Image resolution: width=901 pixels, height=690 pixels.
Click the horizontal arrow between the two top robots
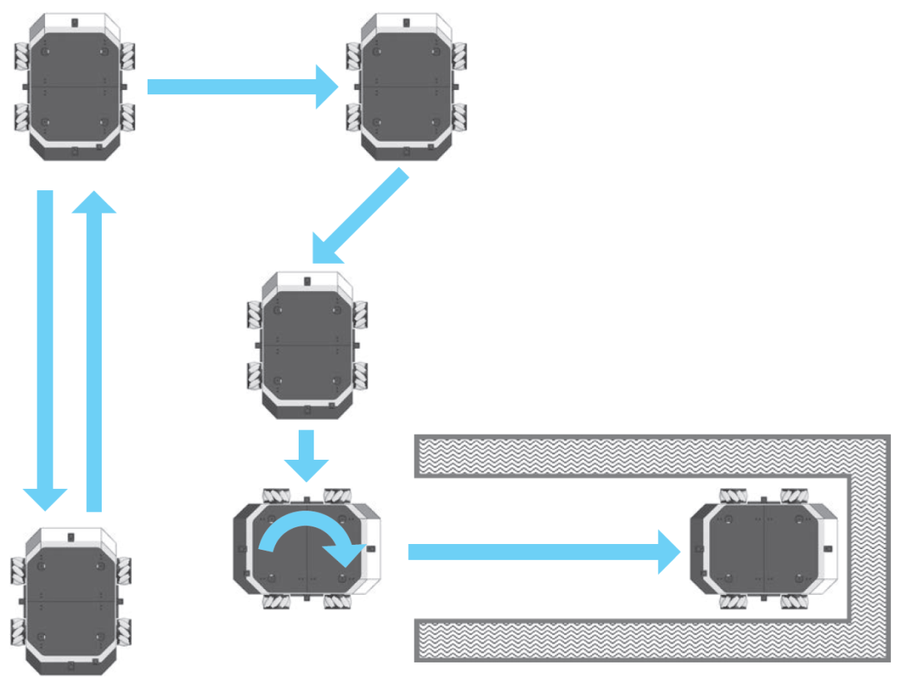pos(238,87)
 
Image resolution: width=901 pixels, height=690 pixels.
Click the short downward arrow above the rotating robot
pos(306,453)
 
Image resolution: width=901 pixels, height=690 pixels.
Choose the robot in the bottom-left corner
pos(70,599)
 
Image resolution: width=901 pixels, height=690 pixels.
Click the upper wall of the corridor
pos(634,456)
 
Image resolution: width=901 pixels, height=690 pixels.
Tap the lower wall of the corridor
pos(634,640)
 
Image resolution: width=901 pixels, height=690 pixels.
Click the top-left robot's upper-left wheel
pos(21,58)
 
